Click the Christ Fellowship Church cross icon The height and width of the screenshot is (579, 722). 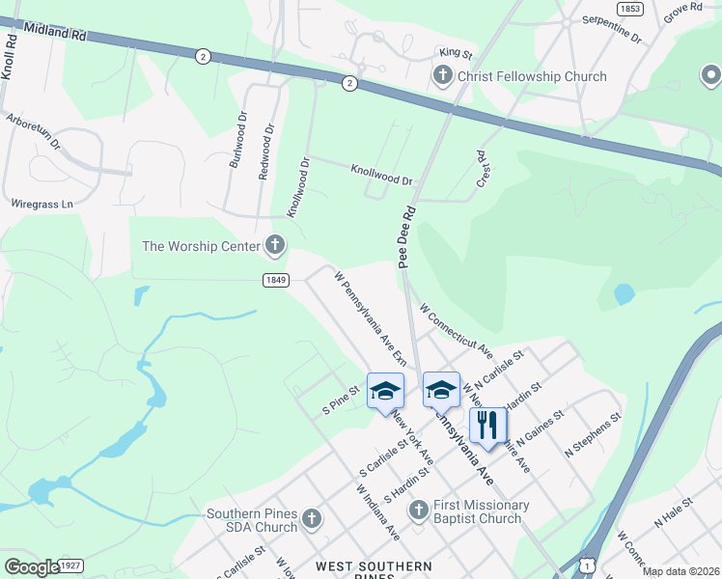point(443,76)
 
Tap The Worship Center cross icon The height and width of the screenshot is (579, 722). point(275,246)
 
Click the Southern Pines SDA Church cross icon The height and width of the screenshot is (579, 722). point(311,520)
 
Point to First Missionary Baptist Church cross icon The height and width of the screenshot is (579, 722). point(418,509)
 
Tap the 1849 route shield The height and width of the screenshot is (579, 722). point(275,280)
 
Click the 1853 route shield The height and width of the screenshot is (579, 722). point(629,8)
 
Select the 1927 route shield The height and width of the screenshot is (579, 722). point(69,565)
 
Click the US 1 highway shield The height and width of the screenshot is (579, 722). point(588,563)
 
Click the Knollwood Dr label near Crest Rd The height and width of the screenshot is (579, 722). point(381,174)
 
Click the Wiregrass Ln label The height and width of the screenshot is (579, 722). point(42,205)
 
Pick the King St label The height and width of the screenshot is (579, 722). point(455,55)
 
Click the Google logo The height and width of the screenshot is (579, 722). point(32,566)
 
